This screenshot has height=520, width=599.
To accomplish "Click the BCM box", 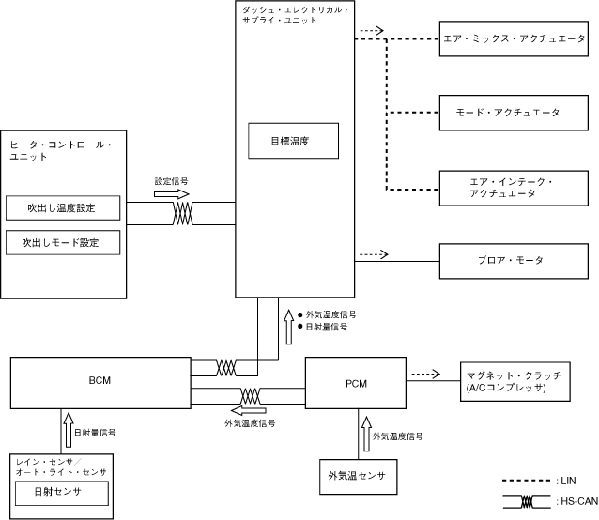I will tap(100, 382).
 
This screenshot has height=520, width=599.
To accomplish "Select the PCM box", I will tap(356, 382).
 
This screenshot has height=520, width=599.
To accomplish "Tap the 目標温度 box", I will tap(290, 141).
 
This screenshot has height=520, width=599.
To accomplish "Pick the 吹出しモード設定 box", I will tap(64, 242).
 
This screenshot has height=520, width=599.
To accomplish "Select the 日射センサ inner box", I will tap(63, 492).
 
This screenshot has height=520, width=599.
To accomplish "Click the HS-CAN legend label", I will tap(573, 501).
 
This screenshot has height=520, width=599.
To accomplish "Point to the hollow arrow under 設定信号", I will tap(172, 195).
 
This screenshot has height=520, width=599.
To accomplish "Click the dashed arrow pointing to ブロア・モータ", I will tap(372, 253).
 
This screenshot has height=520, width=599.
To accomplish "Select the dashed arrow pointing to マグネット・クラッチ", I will tap(425, 373).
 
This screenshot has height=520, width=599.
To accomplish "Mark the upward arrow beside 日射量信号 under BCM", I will tap(63, 432).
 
